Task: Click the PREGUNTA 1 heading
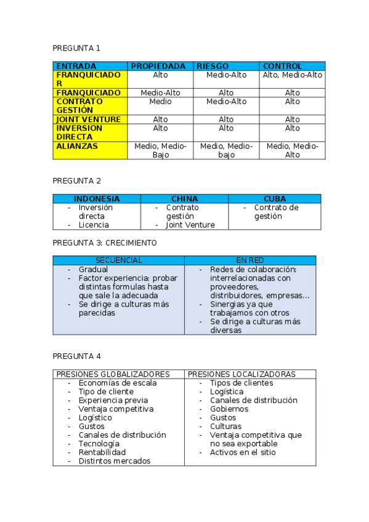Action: tap(76, 48)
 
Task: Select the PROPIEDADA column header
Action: tap(158, 66)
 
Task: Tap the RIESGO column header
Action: tap(212, 66)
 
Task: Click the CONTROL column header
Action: tap(282, 66)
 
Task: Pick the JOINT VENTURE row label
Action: tap(89, 119)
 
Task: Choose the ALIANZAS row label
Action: tap(77, 147)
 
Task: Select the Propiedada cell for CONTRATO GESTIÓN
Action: tap(160, 102)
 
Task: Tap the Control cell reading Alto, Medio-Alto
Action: tap(292, 75)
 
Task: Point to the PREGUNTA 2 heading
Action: tap(76, 180)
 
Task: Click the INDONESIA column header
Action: tap(97, 199)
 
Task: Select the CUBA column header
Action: tap(275, 199)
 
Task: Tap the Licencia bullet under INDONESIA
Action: tap(94, 225)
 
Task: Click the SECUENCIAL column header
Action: tap(118, 260)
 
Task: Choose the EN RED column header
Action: tap(250, 260)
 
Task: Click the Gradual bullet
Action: tap(93, 270)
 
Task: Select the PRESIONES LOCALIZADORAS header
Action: tap(241, 374)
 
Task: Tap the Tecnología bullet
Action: tap(99, 444)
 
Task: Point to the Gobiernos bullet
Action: tap(229, 409)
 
